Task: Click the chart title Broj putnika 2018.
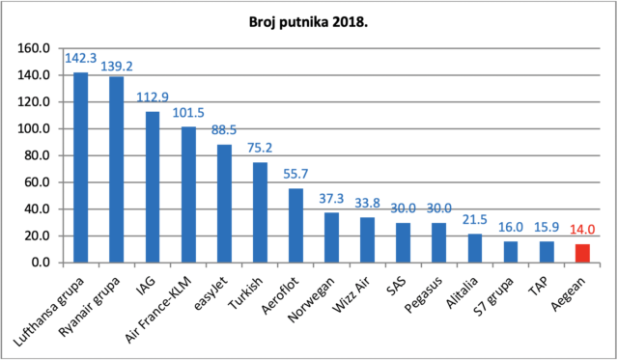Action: tap(308, 22)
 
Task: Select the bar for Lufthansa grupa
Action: tap(81, 167)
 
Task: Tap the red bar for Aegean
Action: tap(582, 253)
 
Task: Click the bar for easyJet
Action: tap(224, 204)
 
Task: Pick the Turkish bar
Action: tap(260, 212)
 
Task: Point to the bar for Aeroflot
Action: tap(296, 226)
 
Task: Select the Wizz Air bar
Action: tap(367, 240)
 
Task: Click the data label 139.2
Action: tap(117, 67)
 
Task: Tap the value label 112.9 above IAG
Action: tap(153, 97)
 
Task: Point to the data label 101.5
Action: tap(188, 113)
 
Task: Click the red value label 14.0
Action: tap(582, 230)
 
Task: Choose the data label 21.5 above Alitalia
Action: tap(475, 219)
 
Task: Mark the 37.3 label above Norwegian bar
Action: tap(331, 199)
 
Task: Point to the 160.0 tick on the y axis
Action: tap(34, 48)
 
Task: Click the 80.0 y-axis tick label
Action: tap(37, 155)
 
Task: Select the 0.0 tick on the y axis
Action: tap(41, 263)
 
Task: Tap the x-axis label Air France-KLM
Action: tap(158, 310)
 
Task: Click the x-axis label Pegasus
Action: tap(424, 294)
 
